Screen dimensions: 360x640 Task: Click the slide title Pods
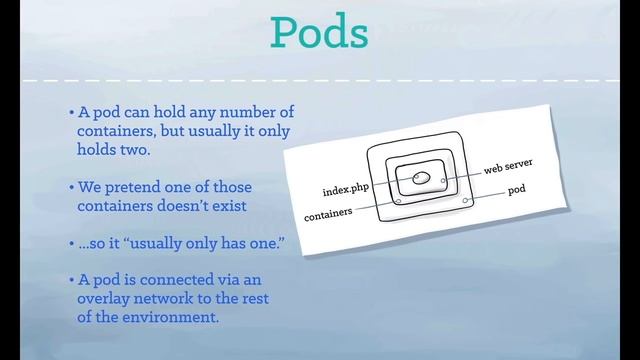pyautogui.click(x=319, y=33)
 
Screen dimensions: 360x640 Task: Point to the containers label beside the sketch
pyautogui.click(x=329, y=212)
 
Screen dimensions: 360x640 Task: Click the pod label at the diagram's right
pyautogui.click(x=517, y=189)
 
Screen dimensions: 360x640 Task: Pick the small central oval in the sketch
pyautogui.click(x=422, y=178)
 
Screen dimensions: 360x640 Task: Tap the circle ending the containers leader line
pyautogui.click(x=398, y=201)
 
